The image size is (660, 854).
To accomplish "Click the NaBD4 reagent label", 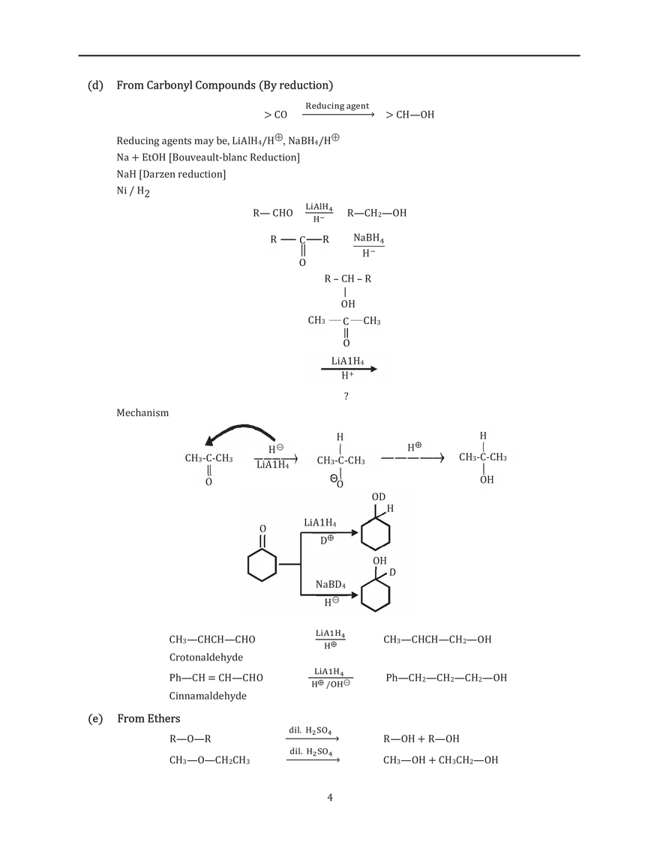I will pos(330,584).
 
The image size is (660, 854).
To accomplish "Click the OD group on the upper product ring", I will pos(379,498).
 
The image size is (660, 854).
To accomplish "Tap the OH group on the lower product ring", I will pos(379,561).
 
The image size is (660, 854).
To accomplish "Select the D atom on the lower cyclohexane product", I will pos(391,573).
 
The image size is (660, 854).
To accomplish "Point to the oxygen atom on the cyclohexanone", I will pos(262,529).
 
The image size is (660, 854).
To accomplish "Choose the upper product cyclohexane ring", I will pos(376,535).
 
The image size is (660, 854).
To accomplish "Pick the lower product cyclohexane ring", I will pos(376,598).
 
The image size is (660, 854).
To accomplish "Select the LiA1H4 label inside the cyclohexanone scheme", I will pos(319,523).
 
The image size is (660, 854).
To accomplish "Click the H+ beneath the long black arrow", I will pos(347,375).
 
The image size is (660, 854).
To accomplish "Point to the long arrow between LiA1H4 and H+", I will pos(348,368).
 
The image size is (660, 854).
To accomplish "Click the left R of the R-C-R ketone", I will pos(274,240).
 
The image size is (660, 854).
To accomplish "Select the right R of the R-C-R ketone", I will pos(326,240).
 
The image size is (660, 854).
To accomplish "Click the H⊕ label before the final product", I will pos(415,447).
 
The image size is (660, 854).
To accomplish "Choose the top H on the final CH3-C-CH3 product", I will pos(483,436).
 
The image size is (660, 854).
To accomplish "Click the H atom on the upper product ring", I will pos(390,508).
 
